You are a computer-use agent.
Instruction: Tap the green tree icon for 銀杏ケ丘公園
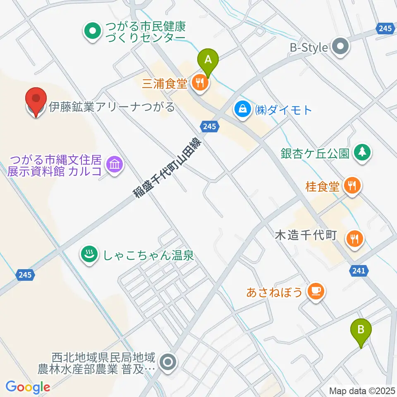tap(363, 153)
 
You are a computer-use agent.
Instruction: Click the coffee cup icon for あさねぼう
tap(316, 292)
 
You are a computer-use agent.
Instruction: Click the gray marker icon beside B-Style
tap(341, 48)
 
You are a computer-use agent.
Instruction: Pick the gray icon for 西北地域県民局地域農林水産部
tap(168, 363)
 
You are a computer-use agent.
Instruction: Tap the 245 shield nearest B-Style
tap(385, 29)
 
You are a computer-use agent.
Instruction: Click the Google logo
tap(28, 387)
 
